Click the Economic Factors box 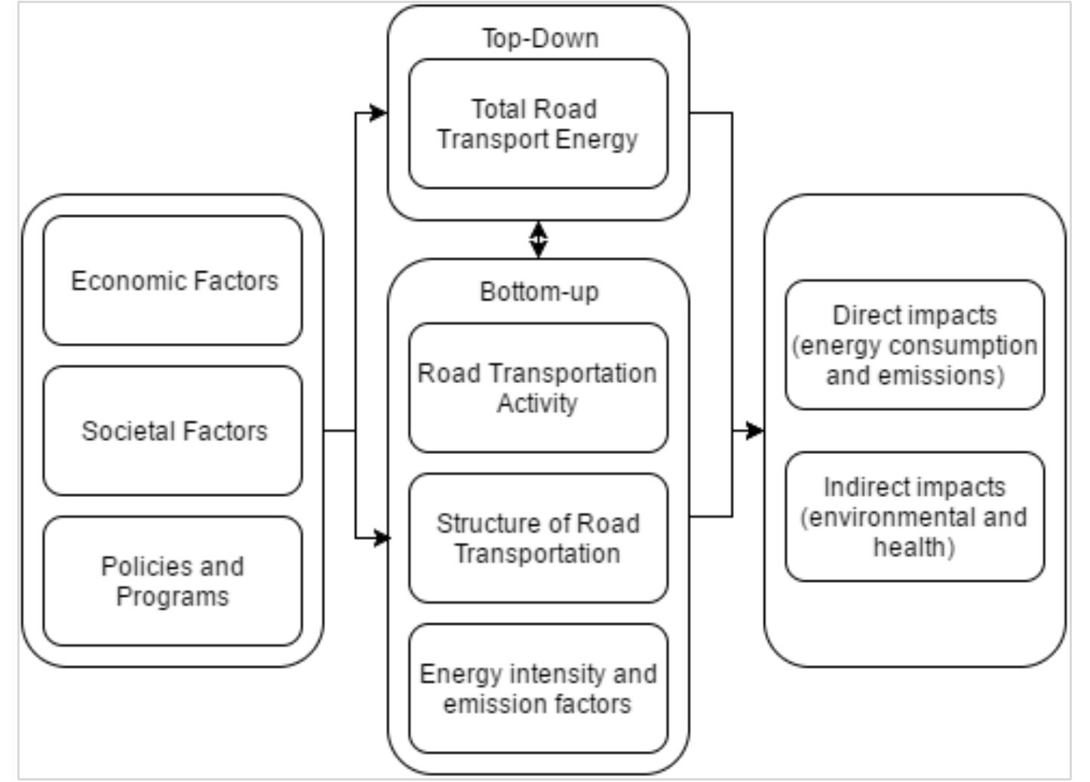(173, 281)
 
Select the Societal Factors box (173, 431)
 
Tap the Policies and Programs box (173, 581)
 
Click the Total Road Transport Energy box (538, 124)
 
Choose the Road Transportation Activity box (538, 388)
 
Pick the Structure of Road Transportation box (538, 538)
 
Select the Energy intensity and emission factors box (538, 688)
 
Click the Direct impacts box (914, 345)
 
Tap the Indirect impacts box (914, 517)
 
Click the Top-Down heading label (540, 38)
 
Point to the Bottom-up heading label (539, 292)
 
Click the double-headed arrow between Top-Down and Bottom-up (538, 240)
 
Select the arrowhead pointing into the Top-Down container (379, 113)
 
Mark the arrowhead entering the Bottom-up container (382, 538)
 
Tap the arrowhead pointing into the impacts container (755, 431)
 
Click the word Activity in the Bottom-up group (536, 403)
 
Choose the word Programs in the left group (172, 596)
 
